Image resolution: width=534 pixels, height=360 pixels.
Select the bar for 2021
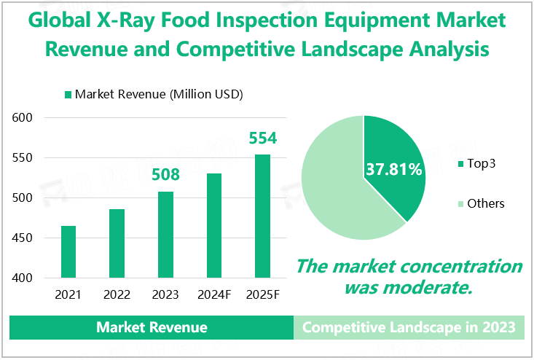point(68,252)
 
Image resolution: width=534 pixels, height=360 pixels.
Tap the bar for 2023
point(165,235)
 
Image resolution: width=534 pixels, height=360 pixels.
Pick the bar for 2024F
point(214,226)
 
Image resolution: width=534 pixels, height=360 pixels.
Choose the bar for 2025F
point(262,216)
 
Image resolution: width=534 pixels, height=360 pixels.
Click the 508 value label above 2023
point(165,175)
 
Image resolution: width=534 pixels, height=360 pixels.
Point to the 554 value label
point(263,138)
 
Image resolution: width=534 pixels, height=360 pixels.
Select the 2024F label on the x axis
point(214,295)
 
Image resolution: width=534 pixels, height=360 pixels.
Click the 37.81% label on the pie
point(394,170)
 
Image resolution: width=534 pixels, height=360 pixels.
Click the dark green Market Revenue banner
point(152,328)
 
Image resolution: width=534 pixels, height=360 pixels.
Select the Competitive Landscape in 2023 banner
point(409,328)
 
